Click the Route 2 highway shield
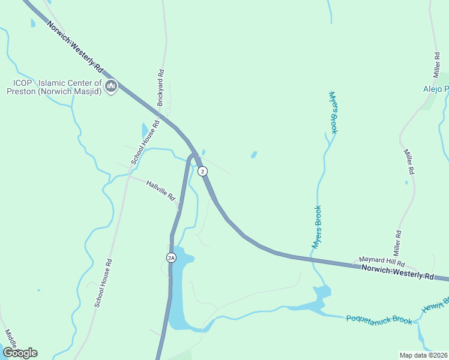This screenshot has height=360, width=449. pyautogui.click(x=203, y=171)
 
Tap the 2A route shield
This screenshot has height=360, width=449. pyautogui.click(x=171, y=257)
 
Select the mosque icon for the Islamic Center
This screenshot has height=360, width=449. pyautogui.click(x=110, y=87)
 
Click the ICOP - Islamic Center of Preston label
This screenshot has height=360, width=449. pyautogui.click(x=53, y=87)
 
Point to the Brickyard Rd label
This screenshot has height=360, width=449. pyautogui.click(x=160, y=88)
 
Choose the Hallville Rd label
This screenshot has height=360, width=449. pyautogui.click(x=160, y=189)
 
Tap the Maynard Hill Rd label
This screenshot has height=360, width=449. pyautogui.click(x=382, y=262)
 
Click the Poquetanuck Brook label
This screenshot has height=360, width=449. pyautogui.click(x=379, y=319)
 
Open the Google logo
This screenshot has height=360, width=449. pyautogui.click(x=20, y=353)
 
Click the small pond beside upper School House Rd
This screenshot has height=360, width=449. pyautogui.click(x=144, y=130)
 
